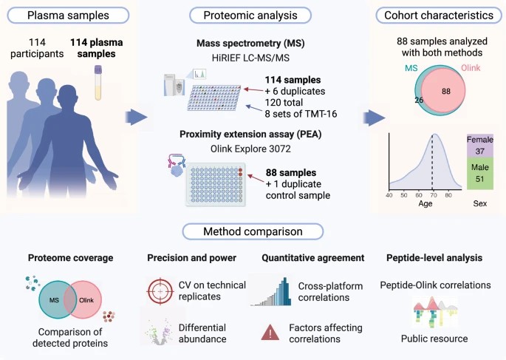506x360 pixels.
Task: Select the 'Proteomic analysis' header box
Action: (246, 15)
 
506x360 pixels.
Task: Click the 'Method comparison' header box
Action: (253, 231)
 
